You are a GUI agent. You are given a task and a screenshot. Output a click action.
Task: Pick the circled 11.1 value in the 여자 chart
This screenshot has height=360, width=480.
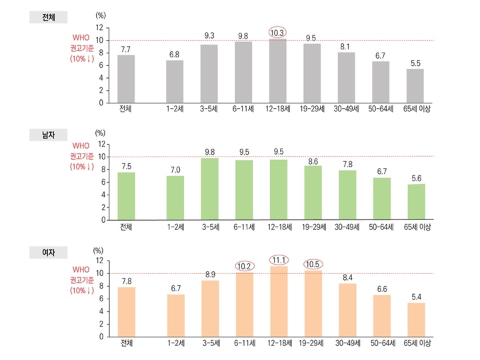pyautogui.click(x=279, y=259)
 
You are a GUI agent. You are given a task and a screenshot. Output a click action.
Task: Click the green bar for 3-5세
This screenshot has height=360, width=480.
pyautogui.click(x=209, y=189)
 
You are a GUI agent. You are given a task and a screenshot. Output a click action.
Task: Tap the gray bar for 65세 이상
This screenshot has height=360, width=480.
pyautogui.click(x=415, y=86)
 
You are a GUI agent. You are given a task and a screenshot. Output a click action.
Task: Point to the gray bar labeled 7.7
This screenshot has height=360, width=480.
pyautogui.click(x=126, y=79)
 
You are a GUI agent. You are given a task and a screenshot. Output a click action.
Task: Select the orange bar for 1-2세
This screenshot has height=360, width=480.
pyautogui.click(x=175, y=315)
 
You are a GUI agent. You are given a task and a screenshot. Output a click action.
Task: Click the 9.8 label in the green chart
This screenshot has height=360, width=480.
pyautogui.click(x=209, y=151)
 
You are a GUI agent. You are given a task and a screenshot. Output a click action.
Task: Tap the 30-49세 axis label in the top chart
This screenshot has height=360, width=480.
pyautogui.click(x=347, y=110)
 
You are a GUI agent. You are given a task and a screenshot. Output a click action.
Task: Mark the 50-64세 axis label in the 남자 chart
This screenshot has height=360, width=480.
pyautogui.click(x=381, y=227)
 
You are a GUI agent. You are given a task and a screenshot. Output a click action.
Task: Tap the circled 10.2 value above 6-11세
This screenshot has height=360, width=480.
pyautogui.click(x=244, y=265)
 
